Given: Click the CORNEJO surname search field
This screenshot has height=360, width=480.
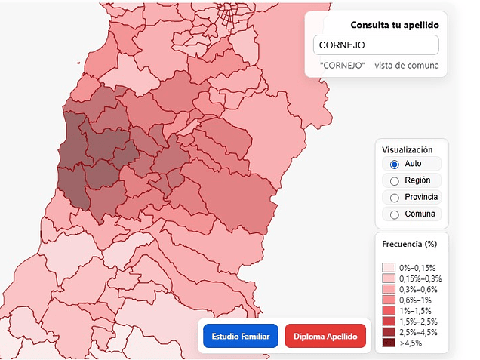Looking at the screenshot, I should click(375, 45).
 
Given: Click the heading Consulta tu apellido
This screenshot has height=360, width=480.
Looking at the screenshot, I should click(395, 25).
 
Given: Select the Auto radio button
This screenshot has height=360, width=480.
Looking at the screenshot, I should click(394, 164).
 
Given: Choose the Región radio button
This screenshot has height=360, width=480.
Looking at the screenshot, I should click(394, 180).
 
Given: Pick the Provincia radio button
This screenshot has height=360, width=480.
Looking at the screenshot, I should click(394, 197).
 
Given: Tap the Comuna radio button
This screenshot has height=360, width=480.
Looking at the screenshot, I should click(394, 214).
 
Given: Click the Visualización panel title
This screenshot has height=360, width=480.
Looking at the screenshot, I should click(407, 149).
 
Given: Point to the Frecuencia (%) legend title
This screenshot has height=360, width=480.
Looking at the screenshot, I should click(410, 244).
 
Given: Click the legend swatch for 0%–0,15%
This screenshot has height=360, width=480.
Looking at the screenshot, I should click(389, 268).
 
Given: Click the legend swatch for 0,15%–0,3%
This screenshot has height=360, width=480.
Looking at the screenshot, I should click(389, 278).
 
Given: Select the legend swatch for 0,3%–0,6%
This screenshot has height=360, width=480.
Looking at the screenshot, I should click(389, 289).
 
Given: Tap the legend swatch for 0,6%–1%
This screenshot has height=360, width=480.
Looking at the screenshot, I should click(389, 300).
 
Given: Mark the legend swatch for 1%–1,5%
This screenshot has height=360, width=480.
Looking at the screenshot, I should click(389, 310).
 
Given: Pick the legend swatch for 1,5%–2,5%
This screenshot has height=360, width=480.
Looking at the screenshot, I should click(389, 322).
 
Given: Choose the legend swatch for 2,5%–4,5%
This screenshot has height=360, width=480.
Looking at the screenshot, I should click(389, 332).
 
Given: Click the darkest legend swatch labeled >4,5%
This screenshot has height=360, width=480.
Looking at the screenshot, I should click(389, 343).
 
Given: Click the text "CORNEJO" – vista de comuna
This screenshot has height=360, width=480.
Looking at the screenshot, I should click(379, 66).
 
